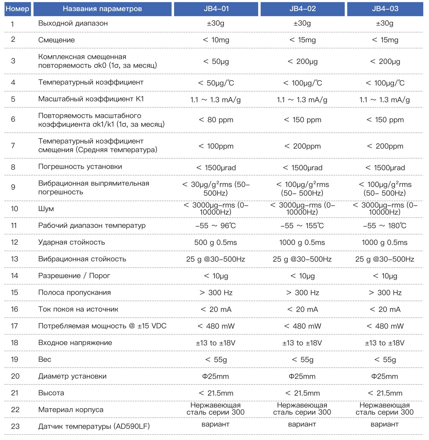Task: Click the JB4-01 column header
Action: [216, 9]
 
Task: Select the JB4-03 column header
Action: [385, 9]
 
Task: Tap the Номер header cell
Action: [18, 9]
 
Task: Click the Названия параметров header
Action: [102, 9]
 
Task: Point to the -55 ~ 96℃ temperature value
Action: [216, 226]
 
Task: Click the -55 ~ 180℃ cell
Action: [385, 226]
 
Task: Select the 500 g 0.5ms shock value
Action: [216, 242]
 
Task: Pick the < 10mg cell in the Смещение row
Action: [216, 40]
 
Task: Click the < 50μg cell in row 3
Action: [216, 61]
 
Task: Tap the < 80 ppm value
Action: [216, 120]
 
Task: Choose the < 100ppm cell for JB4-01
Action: [216, 146]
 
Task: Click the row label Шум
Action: [46, 209]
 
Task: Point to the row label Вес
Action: [45, 360]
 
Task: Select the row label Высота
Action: [51, 393]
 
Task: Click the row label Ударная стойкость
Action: [71, 242]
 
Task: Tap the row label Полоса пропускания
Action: [74, 292]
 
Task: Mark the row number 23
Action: [15, 426]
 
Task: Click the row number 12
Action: [14, 242]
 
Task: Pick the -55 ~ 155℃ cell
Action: [302, 226]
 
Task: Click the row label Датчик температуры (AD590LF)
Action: [94, 426]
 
